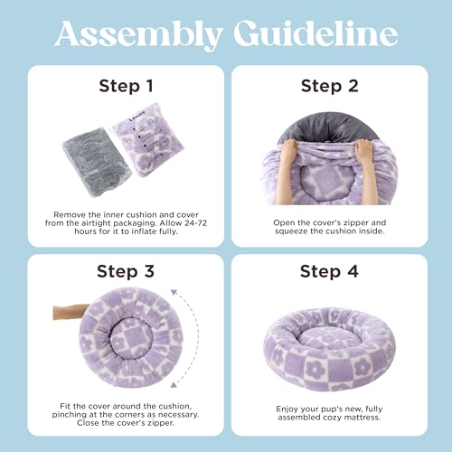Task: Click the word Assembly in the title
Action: (139, 34)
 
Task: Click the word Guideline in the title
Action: (315, 33)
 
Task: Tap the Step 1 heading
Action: (126, 86)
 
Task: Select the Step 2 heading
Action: (330, 86)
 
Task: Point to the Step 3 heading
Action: (126, 271)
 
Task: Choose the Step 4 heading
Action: (329, 271)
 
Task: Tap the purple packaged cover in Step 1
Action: (147, 139)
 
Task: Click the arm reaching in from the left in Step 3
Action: (71, 312)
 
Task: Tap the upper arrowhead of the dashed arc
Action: (174, 292)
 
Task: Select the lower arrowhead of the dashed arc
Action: (174, 385)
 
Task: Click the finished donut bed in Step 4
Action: (330, 350)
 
